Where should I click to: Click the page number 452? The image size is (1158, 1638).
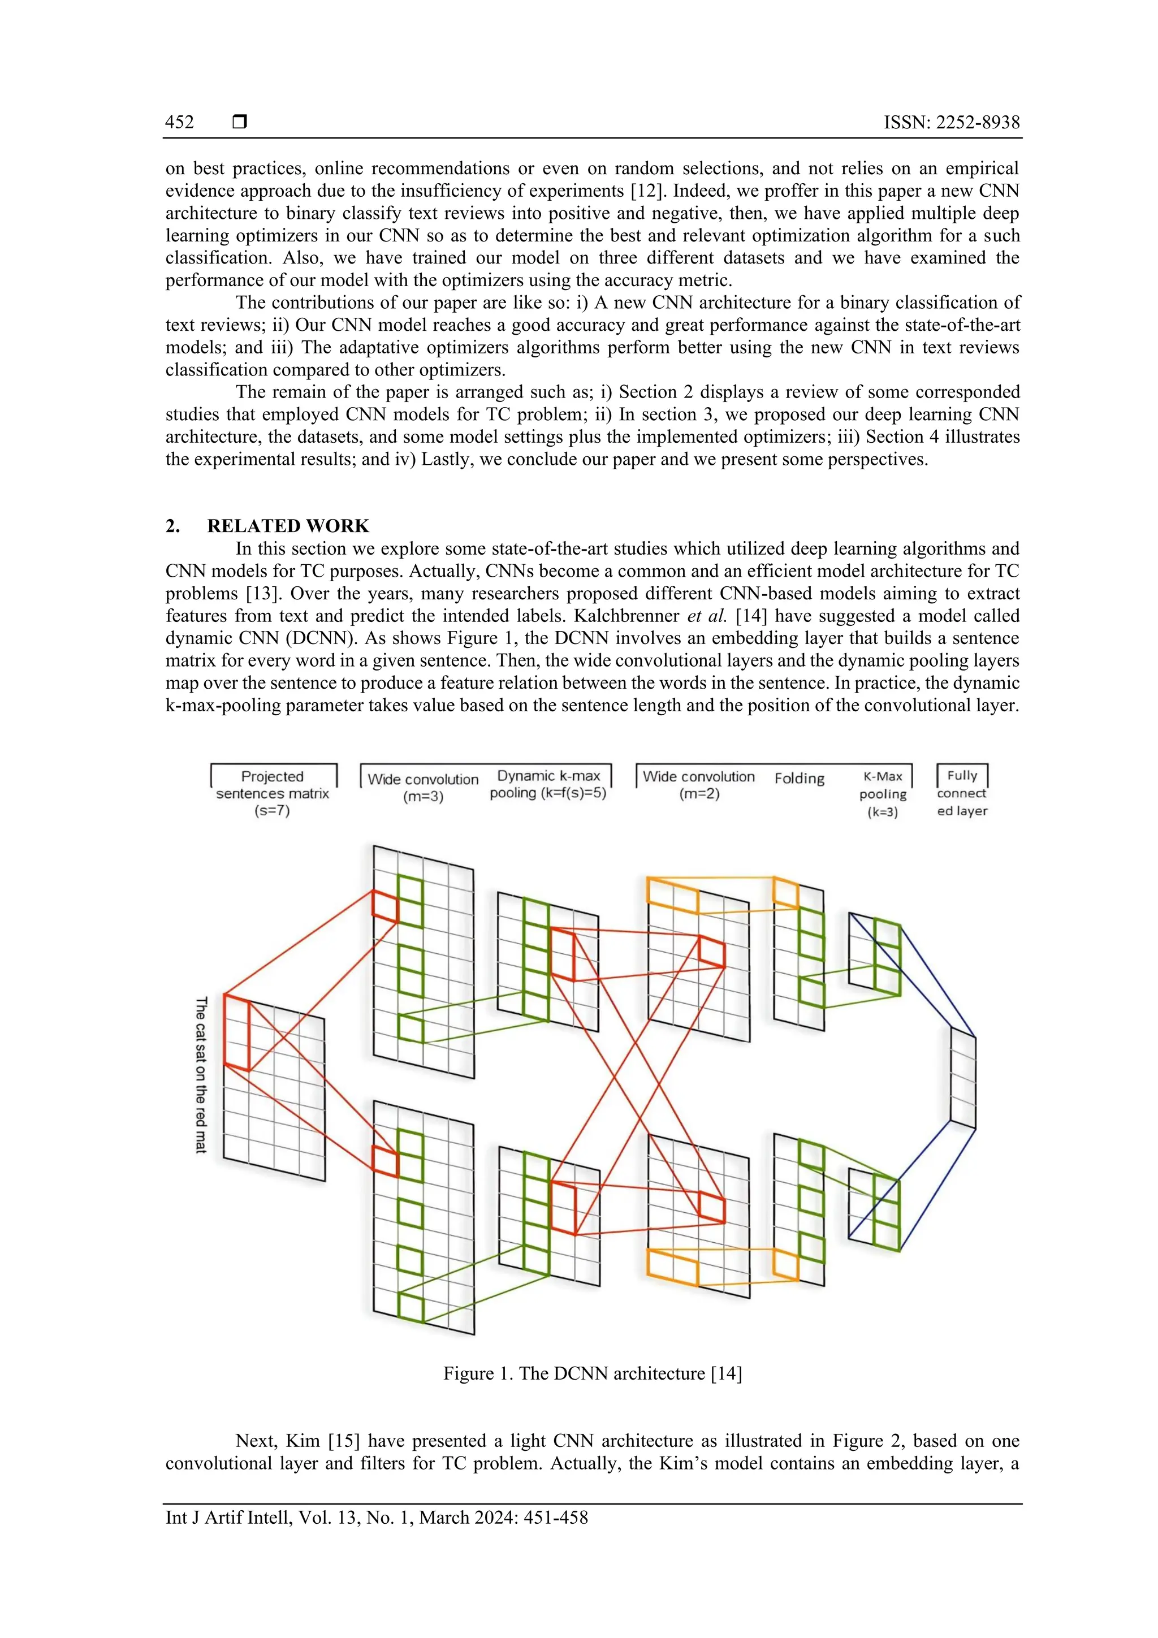click(x=179, y=122)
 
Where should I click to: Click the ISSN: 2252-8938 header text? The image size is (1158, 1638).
click(x=951, y=122)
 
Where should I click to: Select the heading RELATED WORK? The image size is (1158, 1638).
click(x=288, y=526)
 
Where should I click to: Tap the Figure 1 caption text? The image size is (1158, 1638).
click(x=592, y=1373)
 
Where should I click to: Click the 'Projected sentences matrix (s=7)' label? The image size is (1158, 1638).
click(x=273, y=793)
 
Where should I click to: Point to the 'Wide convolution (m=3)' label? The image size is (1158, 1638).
click(x=423, y=787)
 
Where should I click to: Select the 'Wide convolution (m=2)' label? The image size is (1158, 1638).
click(x=698, y=784)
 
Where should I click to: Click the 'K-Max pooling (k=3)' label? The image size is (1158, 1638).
click(x=883, y=793)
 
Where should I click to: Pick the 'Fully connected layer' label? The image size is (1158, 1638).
click(x=962, y=793)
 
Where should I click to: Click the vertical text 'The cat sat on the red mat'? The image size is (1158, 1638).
click(x=201, y=1074)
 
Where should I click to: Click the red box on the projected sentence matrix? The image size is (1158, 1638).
click(x=237, y=1032)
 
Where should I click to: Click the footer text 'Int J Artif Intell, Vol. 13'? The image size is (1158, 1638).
click(x=377, y=1518)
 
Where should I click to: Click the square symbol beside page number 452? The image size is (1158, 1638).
click(x=240, y=122)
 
